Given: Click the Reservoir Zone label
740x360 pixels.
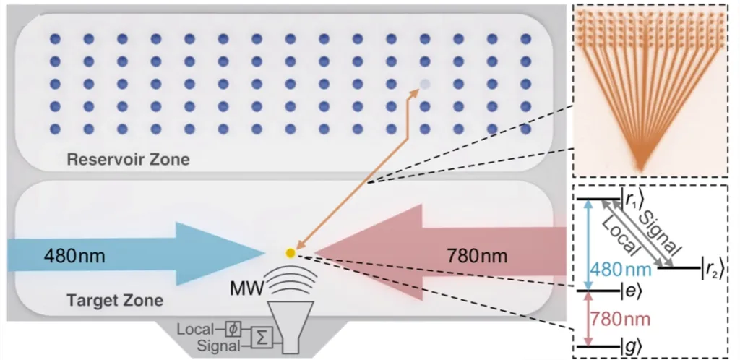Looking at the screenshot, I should pyautogui.click(x=128, y=159).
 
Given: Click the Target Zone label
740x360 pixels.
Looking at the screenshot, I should pyautogui.click(x=114, y=299).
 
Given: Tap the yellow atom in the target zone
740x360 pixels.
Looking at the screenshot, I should pyautogui.click(x=290, y=253).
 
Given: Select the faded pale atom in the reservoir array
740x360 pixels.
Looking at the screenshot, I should pyautogui.click(x=424, y=85).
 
